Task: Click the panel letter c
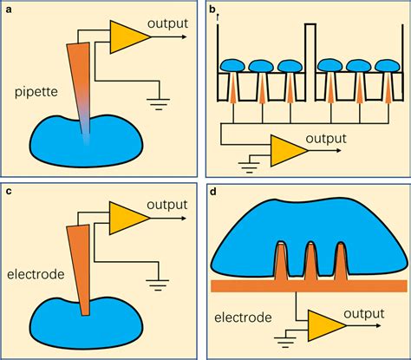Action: click(8, 190)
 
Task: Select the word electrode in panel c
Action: click(38, 273)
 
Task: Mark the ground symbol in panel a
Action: click(159, 101)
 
